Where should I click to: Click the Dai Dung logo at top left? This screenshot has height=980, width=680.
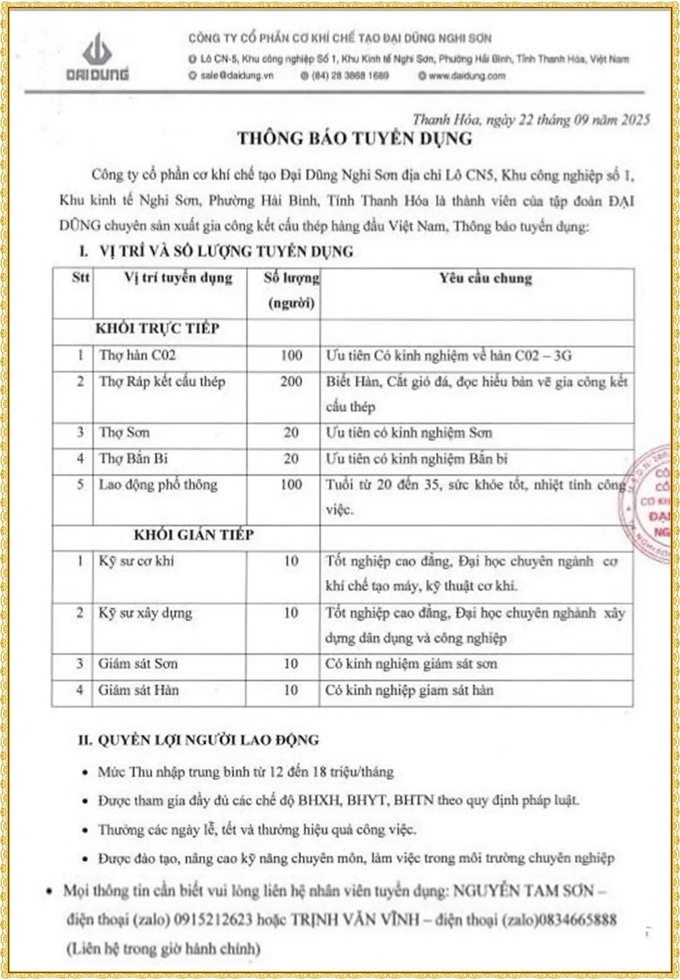pos(98,56)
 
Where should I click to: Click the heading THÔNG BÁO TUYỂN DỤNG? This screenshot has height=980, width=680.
pos(355,139)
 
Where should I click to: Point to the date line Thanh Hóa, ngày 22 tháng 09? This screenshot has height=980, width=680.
pos(531,119)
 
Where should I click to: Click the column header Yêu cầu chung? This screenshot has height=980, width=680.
pos(486,278)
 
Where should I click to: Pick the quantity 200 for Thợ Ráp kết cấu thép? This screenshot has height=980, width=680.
pos(291,382)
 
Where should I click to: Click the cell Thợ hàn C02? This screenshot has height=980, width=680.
pos(137,355)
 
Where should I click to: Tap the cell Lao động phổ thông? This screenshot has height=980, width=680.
pos(158,485)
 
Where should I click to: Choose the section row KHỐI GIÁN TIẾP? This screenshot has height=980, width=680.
pos(193,535)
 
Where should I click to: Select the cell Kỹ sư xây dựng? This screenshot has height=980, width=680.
pos(145,613)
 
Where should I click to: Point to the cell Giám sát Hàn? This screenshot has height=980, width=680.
pos(138,690)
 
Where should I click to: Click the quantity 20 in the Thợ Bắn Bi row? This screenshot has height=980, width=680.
pos(291,459)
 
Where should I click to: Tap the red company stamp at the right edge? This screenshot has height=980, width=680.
pos(656,505)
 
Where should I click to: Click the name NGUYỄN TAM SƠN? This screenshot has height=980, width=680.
pos(523,891)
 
